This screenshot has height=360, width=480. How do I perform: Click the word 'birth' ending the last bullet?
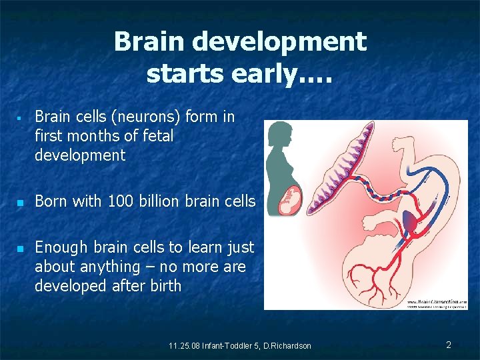coord(163,286)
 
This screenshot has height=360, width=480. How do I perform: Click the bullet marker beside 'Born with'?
coord(20,201)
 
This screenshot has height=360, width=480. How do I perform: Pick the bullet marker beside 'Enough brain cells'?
coord(20,248)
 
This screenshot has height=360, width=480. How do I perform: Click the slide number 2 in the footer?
coord(449,345)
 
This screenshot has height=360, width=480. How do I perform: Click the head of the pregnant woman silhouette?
coord(279,133)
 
